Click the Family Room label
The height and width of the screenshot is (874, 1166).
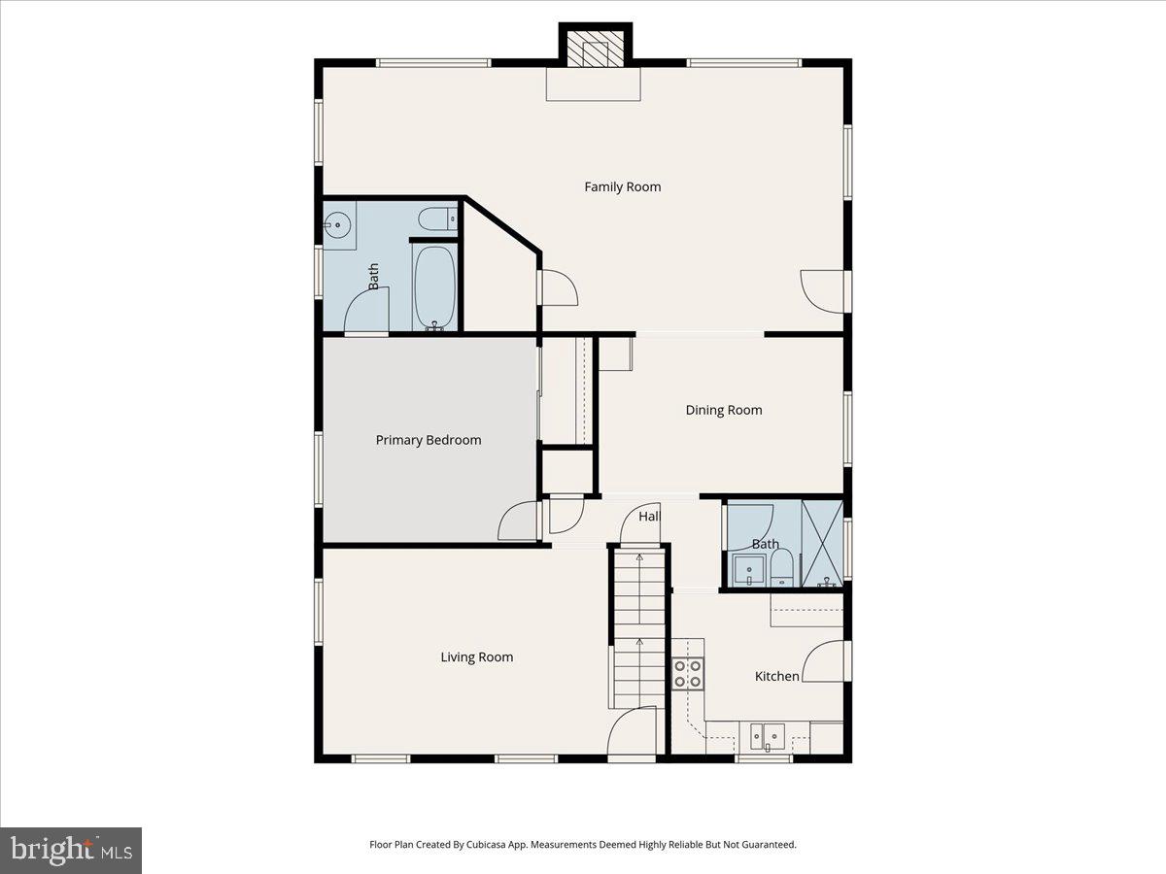(622, 186)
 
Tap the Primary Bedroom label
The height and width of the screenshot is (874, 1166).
(429, 440)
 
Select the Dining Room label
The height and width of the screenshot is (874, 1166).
(724, 410)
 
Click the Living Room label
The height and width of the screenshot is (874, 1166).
(476, 657)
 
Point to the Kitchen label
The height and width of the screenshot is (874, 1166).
(777, 676)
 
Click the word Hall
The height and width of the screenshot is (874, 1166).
(649, 517)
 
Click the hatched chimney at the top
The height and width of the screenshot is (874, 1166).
(595, 50)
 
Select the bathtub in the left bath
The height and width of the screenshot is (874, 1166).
(434, 286)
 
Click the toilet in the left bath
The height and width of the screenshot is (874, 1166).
(436, 218)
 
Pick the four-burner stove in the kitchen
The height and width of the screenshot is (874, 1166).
(689, 674)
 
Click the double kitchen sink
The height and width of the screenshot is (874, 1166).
(764, 737)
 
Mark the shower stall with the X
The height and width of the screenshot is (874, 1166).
(822, 544)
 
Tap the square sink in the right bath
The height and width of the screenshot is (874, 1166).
(749, 571)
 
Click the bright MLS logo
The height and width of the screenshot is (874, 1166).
(71, 851)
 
